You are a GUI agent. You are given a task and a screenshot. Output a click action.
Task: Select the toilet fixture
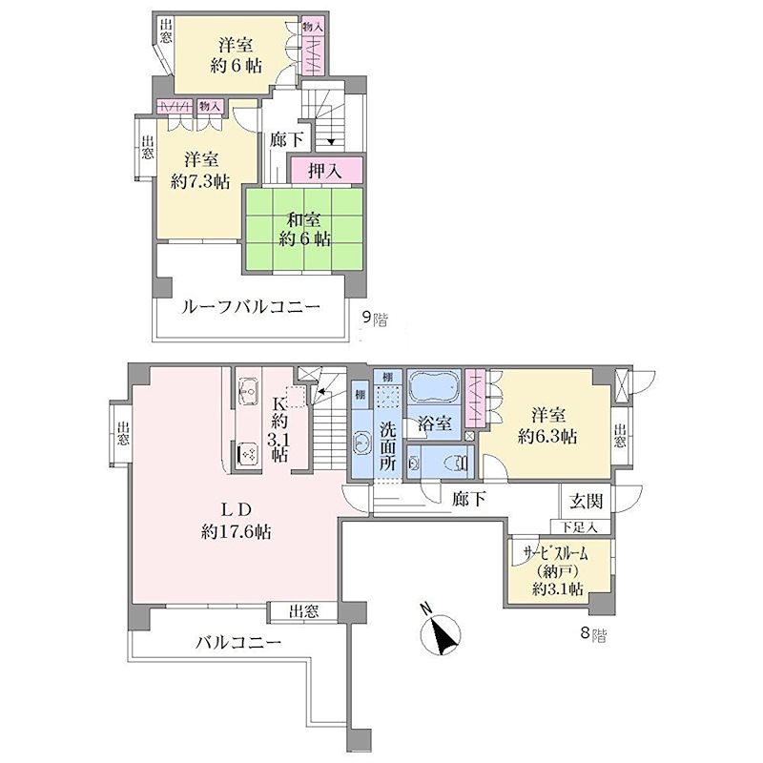pyautogui.click(x=458, y=463)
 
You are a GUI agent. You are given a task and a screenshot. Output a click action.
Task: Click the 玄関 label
pyautogui.click(x=586, y=501)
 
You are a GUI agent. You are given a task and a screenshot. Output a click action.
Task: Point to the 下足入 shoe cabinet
pyautogui.click(x=580, y=526)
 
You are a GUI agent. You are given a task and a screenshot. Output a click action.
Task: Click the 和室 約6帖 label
pyautogui.click(x=304, y=229)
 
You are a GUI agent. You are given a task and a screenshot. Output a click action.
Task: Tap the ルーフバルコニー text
pyautogui.click(x=251, y=307)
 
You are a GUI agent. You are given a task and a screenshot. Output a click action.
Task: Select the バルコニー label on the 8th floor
pyautogui.click(x=238, y=643)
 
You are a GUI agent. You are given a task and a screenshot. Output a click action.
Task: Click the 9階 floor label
pyautogui.click(x=375, y=319)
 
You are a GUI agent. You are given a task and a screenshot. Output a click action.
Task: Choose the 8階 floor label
pyautogui.click(x=593, y=633)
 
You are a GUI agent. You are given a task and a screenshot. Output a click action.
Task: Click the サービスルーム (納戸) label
pyautogui.click(x=557, y=570)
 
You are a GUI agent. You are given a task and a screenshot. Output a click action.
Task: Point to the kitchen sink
pyautogui.click(x=250, y=389)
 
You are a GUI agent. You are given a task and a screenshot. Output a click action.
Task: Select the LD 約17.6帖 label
pyautogui.click(x=237, y=521)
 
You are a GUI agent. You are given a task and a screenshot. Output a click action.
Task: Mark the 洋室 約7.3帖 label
pyautogui.click(x=200, y=171)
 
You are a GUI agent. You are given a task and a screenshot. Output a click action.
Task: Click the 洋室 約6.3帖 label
pyautogui.click(x=547, y=425)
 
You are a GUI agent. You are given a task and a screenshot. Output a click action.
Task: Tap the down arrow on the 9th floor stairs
pyautogui.click(x=331, y=141)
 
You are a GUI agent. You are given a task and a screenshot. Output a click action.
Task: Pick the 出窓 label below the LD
pyautogui.click(x=303, y=612)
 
